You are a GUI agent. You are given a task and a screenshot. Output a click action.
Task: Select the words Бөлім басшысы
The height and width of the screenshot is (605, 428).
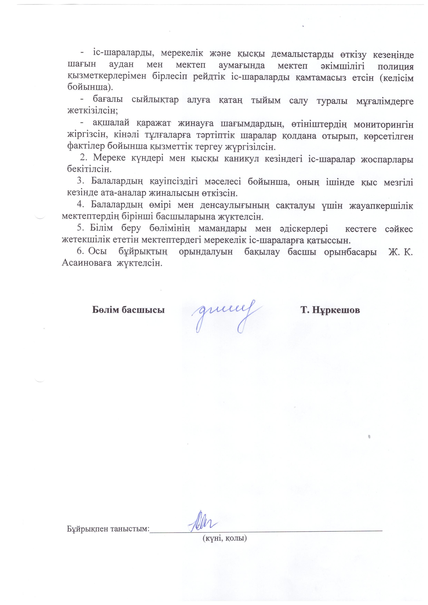pyautogui.click(x=128, y=310)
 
